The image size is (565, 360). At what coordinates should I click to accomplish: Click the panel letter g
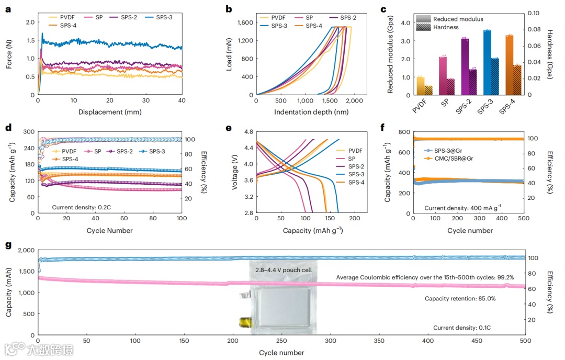8,245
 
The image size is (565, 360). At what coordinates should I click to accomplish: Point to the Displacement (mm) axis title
109,111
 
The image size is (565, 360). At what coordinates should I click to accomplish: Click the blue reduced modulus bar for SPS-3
487,62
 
